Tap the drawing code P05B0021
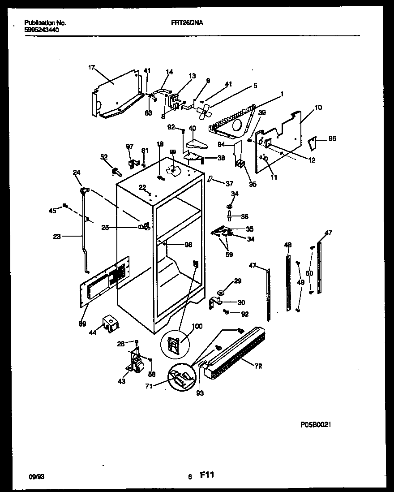[x=316, y=424]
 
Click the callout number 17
[x=91, y=68]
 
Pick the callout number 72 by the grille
[x=258, y=366]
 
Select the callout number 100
[x=197, y=326]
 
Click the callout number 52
[x=104, y=157]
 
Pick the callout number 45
[x=52, y=211]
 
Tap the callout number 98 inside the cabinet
[x=188, y=244]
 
